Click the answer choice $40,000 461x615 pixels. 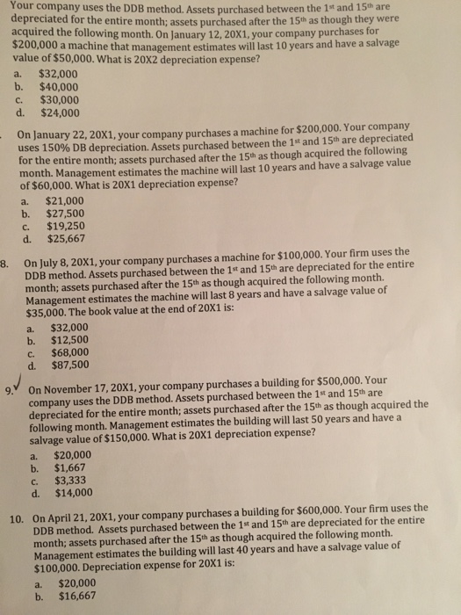click(60, 87)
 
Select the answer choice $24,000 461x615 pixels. click(60, 112)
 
